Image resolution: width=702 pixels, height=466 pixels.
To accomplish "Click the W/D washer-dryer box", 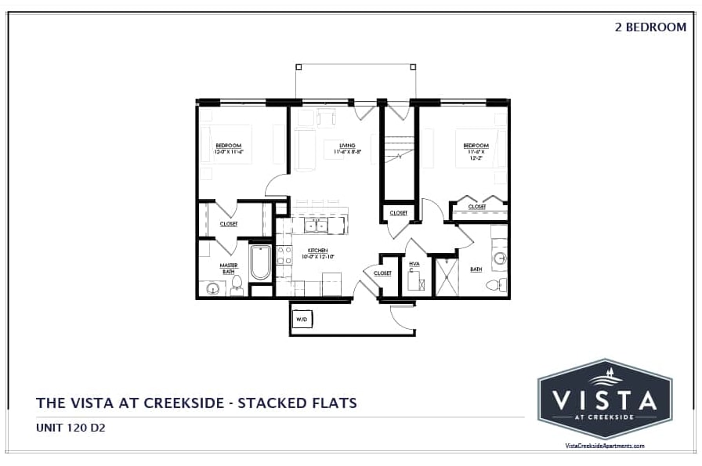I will pyautogui.click(x=302, y=319).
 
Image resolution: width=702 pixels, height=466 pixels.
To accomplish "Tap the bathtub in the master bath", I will pyautogui.click(x=260, y=263).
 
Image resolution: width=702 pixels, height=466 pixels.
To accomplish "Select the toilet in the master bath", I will pyautogui.click(x=237, y=288).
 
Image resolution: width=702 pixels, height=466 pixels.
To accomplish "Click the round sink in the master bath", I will pyautogui.click(x=212, y=288).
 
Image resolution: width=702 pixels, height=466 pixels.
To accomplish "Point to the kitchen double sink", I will pyautogui.click(x=316, y=226).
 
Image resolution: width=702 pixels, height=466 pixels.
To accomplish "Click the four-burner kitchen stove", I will pyautogui.click(x=284, y=259).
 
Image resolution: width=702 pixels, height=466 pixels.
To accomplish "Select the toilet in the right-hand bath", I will pyautogui.click(x=495, y=285).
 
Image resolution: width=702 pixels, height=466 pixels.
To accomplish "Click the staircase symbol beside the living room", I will pyautogui.click(x=399, y=150).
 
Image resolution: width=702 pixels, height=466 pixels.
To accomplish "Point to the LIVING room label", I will pyautogui.click(x=347, y=146).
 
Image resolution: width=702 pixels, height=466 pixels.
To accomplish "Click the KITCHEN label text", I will pyautogui.click(x=317, y=251).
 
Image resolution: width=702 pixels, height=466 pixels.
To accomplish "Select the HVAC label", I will pyautogui.click(x=414, y=265).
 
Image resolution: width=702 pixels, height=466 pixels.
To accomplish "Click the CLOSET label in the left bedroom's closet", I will pyautogui.click(x=228, y=224).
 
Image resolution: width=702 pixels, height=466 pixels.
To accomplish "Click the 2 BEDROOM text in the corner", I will pyautogui.click(x=650, y=27).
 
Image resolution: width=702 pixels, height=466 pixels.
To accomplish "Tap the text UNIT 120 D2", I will pyautogui.click(x=71, y=428).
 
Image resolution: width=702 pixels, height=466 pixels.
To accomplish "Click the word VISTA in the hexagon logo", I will pyautogui.click(x=604, y=400).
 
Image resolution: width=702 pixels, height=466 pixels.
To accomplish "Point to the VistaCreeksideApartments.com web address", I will pyautogui.click(x=604, y=446).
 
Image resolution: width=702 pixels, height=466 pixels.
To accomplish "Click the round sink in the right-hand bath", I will pyautogui.click(x=498, y=257).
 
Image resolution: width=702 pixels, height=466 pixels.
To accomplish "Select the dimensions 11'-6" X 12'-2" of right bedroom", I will pyautogui.click(x=476, y=154).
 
